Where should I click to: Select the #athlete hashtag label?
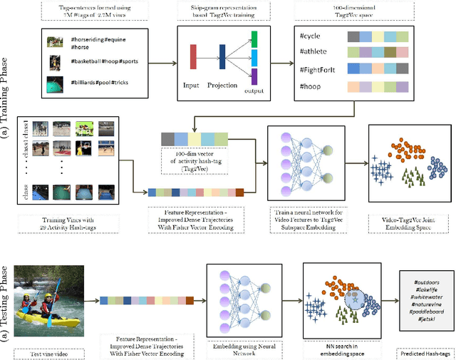tap(315, 52)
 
